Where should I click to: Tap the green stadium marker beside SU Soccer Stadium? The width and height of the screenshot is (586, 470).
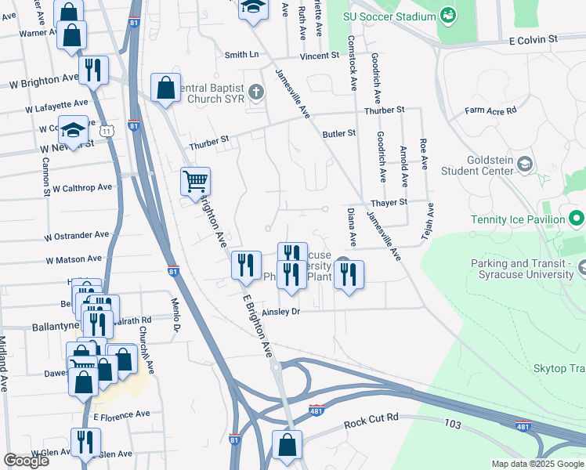pyautogui.click(x=447, y=15)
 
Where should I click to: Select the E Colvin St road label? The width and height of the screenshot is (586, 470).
pyautogui.click(x=533, y=38)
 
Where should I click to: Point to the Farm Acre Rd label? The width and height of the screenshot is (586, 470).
pyautogui.click(x=490, y=110)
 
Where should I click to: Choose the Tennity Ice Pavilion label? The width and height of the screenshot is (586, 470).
pyautogui.click(x=517, y=219)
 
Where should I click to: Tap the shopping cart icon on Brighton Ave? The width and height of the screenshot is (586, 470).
pyautogui.click(x=195, y=181)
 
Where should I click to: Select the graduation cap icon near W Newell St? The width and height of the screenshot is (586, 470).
pyautogui.click(x=73, y=129)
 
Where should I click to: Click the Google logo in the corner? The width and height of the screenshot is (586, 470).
pyautogui.click(x=26, y=461)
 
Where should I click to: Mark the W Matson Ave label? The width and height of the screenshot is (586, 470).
pyautogui.click(x=74, y=258)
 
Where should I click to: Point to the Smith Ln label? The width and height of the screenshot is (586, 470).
pyautogui.click(x=241, y=55)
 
